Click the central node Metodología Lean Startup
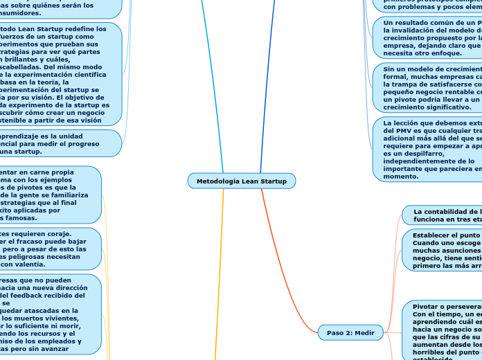(x=241, y=181)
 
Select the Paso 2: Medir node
(x=350, y=333)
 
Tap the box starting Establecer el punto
(x=442, y=250)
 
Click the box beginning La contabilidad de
(x=443, y=214)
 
